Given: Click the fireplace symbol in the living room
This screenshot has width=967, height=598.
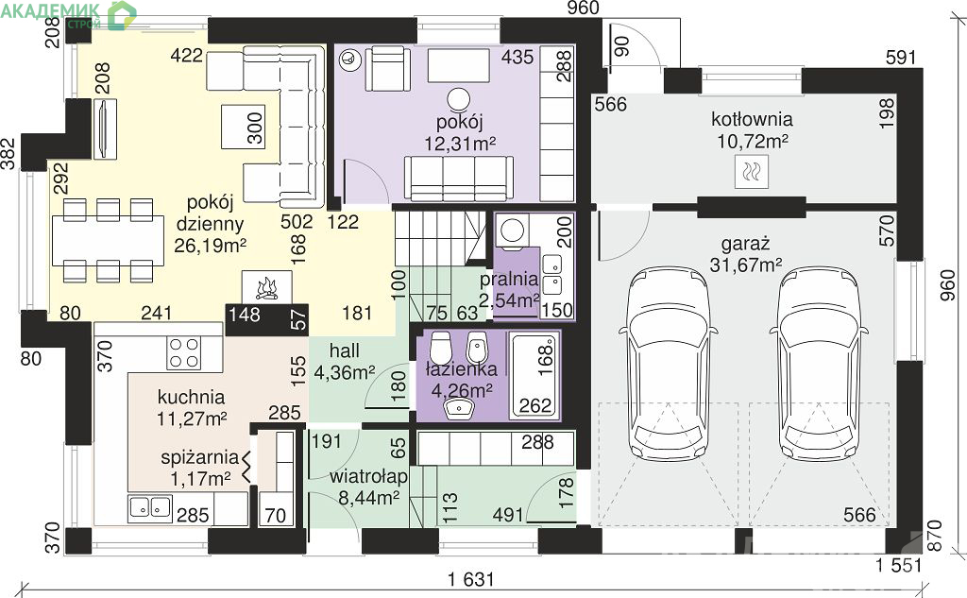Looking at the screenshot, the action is click(x=266, y=286).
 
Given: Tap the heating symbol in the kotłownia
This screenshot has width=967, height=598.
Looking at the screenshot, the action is click(x=752, y=172).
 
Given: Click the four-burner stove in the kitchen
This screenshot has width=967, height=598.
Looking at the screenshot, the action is click(x=184, y=353).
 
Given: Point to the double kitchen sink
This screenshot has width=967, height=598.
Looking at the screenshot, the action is click(x=150, y=507).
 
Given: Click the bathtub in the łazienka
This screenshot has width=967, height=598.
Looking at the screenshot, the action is click(x=533, y=375).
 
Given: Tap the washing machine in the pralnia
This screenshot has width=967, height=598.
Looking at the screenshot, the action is click(x=511, y=231).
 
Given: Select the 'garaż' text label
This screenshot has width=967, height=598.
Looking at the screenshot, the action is click(x=746, y=243).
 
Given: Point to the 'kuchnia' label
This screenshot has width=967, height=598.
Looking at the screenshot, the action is click(x=191, y=397).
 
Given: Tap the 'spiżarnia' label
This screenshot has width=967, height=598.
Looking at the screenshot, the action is click(x=199, y=457).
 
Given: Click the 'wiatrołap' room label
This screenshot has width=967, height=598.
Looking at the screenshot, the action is click(x=368, y=476).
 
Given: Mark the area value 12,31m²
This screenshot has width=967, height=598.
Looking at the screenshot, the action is click(x=460, y=144).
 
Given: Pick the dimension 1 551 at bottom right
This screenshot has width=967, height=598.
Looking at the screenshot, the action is click(x=899, y=565).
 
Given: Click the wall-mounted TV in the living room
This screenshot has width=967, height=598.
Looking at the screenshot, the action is click(x=105, y=129).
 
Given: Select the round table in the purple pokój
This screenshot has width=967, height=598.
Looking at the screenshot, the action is click(x=458, y=99).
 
